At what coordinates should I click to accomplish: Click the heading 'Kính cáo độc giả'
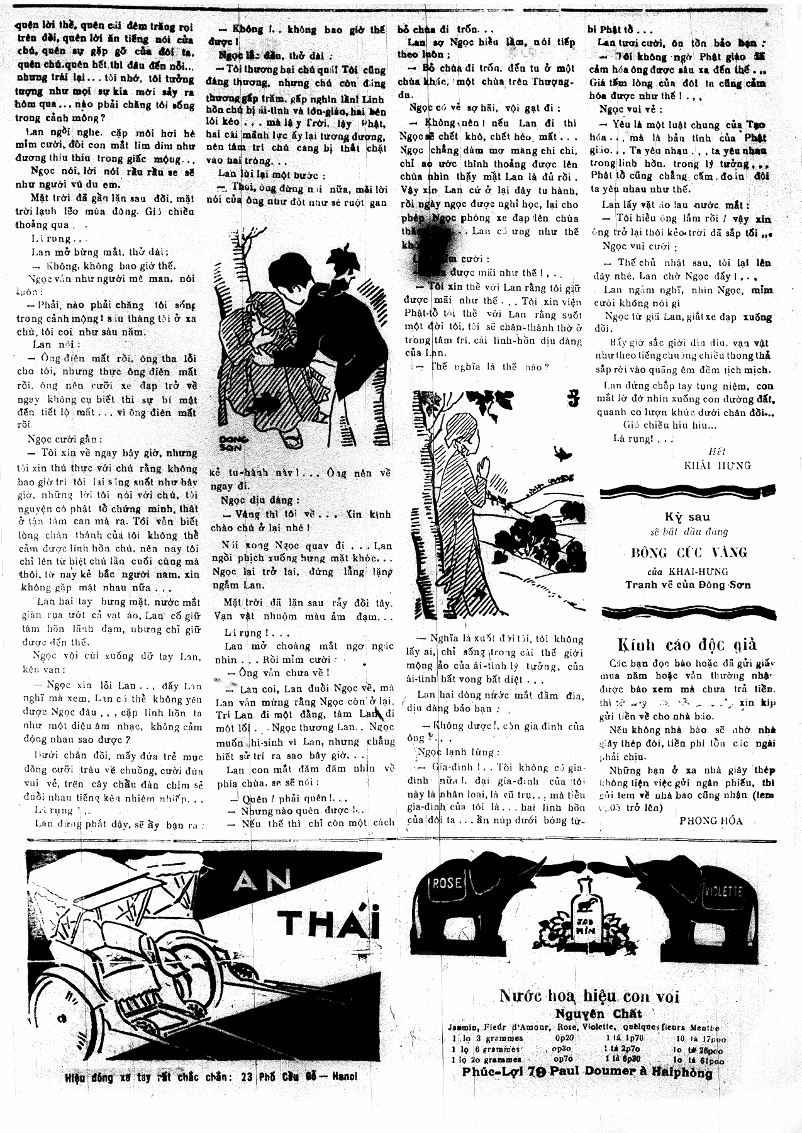(x=686, y=645)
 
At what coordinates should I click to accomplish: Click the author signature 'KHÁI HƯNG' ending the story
(x=717, y=465)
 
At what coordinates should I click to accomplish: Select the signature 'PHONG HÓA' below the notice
(x=711, y=820)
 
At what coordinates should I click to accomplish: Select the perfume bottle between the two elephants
(x=585, y=908)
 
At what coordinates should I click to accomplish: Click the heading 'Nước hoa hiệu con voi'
(x=589, y=996)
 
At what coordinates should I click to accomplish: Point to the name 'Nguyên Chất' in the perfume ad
(x=598, y=1014)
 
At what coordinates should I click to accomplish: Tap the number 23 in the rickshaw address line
(x=247, y=1076)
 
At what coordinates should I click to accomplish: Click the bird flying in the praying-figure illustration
(x=562, y=451)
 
